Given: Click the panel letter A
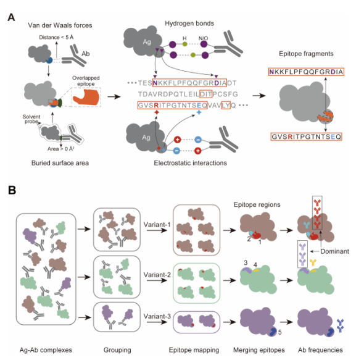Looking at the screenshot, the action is coord(11,17).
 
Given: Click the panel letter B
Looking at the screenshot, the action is coord(12,190).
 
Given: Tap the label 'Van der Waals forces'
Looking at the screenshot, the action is coord(60,25).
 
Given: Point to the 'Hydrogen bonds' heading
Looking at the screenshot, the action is coord(189,23).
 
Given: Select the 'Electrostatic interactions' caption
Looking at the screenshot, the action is coord(191,163).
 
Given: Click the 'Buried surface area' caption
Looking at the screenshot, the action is coord(60,163).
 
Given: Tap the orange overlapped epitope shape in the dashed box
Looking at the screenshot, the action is coord(86,98).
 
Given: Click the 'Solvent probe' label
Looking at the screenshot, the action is coord(31,119).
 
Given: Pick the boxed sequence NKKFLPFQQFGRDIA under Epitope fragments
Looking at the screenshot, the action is coord(306,72).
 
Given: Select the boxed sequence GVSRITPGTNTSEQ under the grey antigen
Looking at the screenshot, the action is coord(307,136).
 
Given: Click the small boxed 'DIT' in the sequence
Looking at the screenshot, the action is coord(205,94).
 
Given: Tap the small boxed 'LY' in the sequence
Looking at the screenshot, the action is coord(226,105).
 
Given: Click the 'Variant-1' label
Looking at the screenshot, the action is coord(157,225).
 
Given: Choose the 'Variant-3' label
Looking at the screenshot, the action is coord(157,316).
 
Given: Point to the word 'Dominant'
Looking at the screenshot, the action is coord(335,251).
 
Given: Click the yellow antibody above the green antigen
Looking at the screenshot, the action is coord(313,262).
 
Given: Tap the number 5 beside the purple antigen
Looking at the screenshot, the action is coord(280,332).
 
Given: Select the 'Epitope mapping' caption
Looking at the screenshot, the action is coord(194,350).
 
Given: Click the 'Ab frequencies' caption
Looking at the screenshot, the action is coord(320,350).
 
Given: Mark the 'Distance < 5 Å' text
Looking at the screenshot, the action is coord(56,38).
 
